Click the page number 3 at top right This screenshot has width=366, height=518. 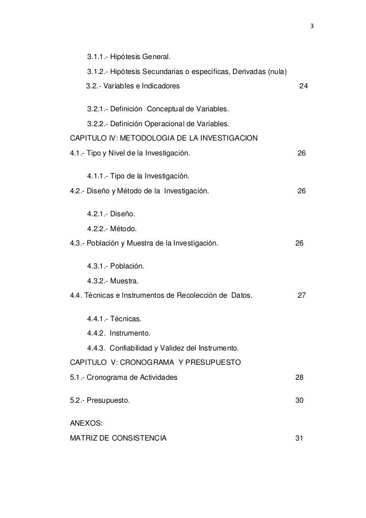pyautogui.click(x=312, y=27)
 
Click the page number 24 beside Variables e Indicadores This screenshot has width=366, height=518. pyautogui.click(x=304, y=86)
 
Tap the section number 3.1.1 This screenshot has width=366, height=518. pyautogui.click(x=97, y=57)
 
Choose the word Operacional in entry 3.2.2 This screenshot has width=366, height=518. pyautogui.click(x=169, y=123)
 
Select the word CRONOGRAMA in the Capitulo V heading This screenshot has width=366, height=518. pyautogui.click(x=181, y=363)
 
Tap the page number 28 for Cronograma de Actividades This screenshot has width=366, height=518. pyautogui.click(x=299, y=377)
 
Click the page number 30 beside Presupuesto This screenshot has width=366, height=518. pyautogui.click(x=299, y=400)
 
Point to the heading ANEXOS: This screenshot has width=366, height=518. pyautogui.click(x=86, y=423)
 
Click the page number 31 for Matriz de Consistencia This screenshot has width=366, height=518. pyautogui.click(x=298, y=438)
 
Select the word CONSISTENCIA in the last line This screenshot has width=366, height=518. pyautogui.click(x=140, y=438)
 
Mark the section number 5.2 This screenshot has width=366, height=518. pyautogui.click(x=76, y=400)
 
